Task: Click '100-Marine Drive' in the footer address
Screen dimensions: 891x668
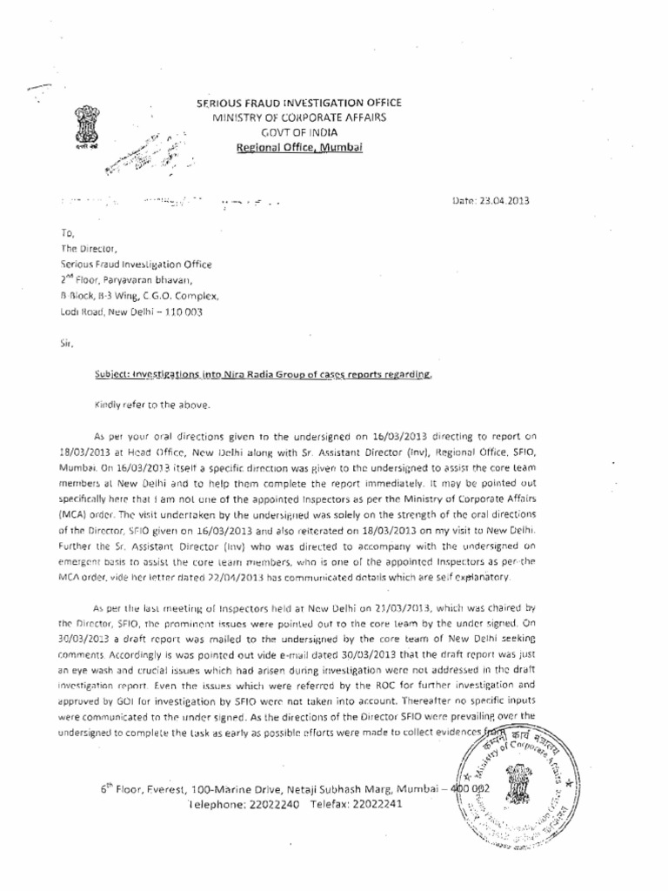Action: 229,786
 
